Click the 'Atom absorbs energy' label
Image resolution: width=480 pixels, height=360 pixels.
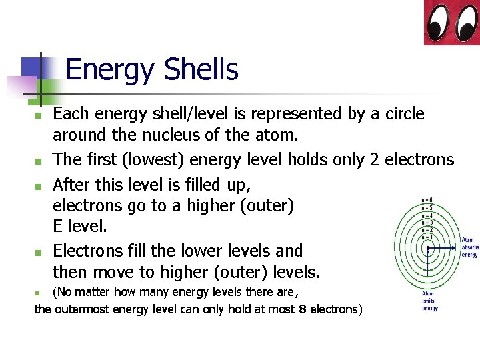(x=469, y=247)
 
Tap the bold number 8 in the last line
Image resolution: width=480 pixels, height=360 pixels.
(x=303, y=309)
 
